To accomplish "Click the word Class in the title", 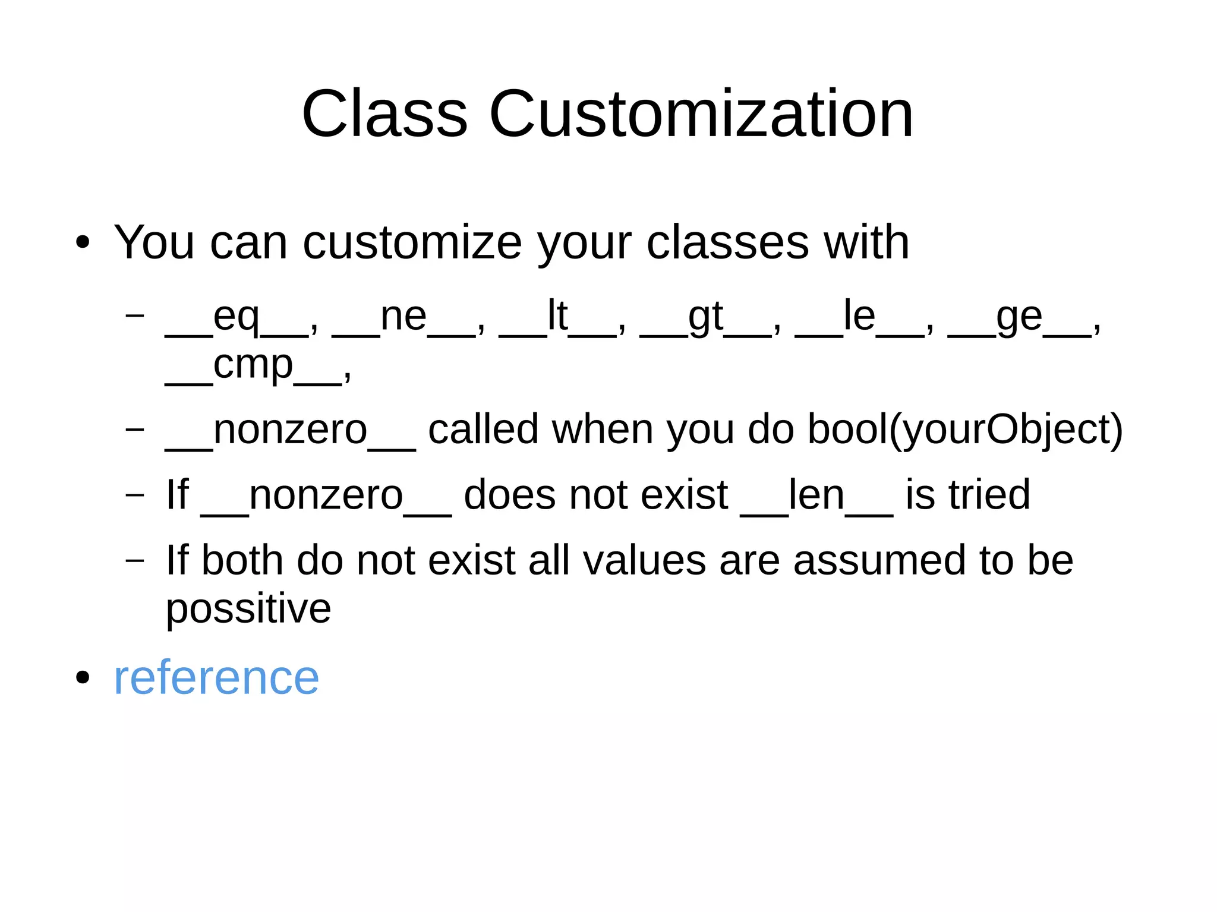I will coord(384,113).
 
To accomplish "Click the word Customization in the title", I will coord(701,113).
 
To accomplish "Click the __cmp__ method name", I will coord(253,365).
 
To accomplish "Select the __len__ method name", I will coord(816,495).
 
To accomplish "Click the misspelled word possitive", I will coord(248,609).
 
